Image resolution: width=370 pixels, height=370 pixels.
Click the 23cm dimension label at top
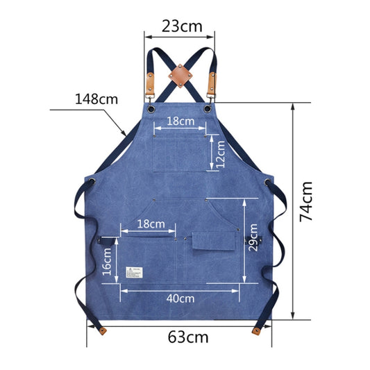178,27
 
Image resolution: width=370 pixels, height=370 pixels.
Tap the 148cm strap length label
96,99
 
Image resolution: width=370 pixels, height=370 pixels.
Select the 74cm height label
306,201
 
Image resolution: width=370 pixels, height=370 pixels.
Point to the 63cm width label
188,338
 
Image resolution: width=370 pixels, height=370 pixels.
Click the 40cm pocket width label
180,298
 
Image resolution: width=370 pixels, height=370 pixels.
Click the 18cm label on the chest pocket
180,121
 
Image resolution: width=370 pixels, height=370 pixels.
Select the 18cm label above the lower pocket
151,224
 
